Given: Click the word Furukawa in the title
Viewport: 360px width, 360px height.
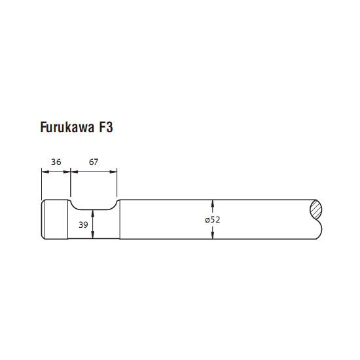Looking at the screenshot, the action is pyautogui.click(x=67, y=127).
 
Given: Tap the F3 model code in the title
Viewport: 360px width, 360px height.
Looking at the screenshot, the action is pyautogui.click(x=106, y=127).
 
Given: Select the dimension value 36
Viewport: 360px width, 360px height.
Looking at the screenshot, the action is pyautogui.click(x=56, y=162).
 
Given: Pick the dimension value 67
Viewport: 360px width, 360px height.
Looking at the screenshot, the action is pyautogui.click(x=94, y=162).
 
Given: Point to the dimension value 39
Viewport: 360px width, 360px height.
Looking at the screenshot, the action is pyautogui.click(x=83, y=225).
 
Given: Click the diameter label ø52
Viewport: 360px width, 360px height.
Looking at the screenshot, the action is pyautogui.click(x=213, y=220).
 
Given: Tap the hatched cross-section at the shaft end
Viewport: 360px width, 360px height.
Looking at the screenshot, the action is pyautogui.click(x=316, y=209).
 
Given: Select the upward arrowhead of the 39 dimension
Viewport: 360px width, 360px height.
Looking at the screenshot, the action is pyautogui.click(x=93, y=213).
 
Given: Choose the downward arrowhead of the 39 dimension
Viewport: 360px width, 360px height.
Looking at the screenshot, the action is pyautogui.click(x=93, y=235).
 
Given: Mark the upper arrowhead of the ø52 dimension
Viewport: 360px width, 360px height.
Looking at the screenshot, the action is pyautogui.click(x=213, y=204).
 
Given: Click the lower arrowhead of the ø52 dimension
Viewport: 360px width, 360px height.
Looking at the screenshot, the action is pyautogui.click(x=213, y=236).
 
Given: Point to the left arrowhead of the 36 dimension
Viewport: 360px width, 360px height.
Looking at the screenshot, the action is pyautogui.click(x=45, y=171).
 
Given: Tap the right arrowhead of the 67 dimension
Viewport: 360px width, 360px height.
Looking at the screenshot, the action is pyautogui.click(x=113, y=171).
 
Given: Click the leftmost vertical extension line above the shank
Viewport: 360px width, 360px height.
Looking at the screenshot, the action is pyautogui.click(x=41, y=184).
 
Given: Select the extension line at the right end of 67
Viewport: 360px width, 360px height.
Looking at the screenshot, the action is pyautogui.click(x=117, y=183).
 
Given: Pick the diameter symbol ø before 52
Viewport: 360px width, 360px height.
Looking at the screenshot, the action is pyautogui.click(x=207, y=220).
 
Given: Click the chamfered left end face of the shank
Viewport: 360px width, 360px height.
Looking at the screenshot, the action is pyautogui.click(x=43, y=219).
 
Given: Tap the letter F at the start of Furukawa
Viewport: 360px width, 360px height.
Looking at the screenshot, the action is pyautogui.click(x=43, y=127).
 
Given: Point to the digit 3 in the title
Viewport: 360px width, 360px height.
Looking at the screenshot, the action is pyautogui.click(x=109, y=127).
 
